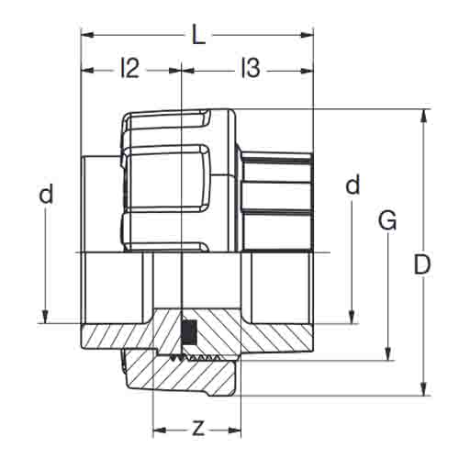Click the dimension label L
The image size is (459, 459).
coord(198,35)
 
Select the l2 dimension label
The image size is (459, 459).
coord(130,68)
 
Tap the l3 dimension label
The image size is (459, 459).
coord(251,68)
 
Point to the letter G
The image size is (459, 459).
coord(387,219)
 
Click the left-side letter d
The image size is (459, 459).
coord(46,194)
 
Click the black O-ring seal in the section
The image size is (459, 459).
coord(188,332)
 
